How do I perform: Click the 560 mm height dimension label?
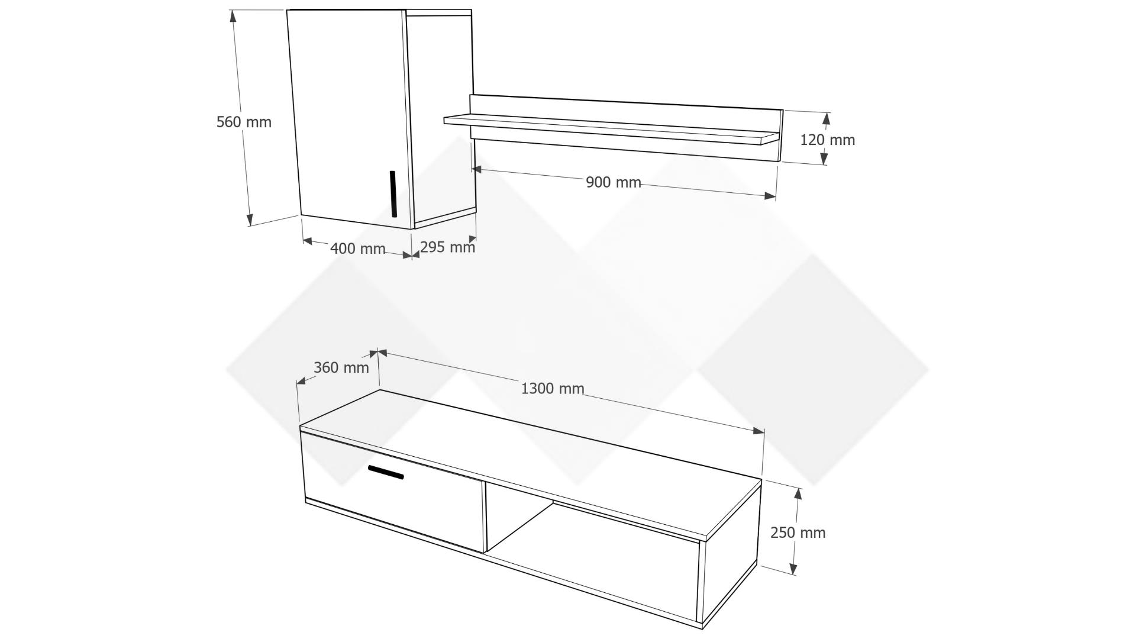244,122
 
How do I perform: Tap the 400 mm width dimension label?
357,248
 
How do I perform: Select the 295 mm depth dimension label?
448,246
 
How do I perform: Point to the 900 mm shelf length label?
614,182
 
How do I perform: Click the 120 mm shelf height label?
828,140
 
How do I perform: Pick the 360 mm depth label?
341,367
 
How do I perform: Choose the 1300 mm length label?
553,388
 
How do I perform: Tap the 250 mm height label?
798,532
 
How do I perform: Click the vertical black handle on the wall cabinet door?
393,194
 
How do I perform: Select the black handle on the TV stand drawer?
386,472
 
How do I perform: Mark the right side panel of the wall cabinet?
441,118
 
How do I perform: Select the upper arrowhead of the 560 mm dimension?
234,17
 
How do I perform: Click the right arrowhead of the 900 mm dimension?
769,196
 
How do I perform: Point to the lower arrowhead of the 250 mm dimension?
793,569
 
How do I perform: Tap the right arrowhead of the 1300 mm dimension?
759,431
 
